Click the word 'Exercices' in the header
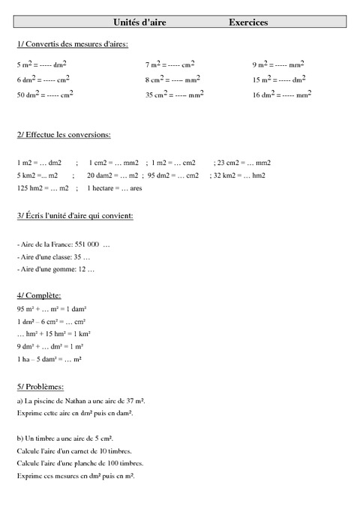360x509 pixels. pos(248,23)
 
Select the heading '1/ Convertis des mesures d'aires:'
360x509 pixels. pos(72,44)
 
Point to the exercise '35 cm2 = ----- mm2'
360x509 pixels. pos(175,94)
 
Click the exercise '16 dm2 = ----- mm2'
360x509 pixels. pos(282,94)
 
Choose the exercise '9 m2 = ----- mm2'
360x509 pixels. pos(278,65)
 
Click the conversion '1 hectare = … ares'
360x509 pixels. pos(115,188)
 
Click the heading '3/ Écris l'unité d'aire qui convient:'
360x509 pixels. pos(75,216)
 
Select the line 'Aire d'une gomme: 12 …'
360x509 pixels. pos(55,269)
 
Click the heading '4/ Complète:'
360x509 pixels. pos(39,296)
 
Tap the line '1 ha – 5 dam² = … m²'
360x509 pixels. pos(49,360)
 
